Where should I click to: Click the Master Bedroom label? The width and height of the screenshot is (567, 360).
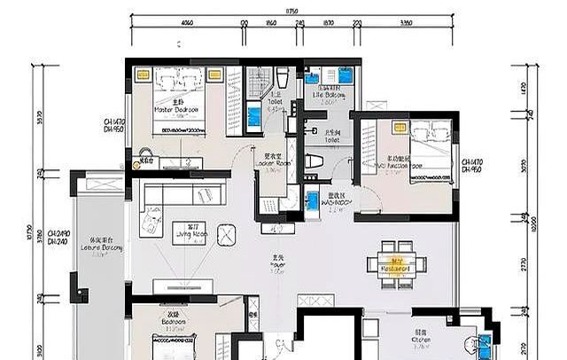pyautogui.click(x=175, y=107)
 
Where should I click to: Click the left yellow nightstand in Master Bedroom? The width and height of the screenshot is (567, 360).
pyautogui.click(x=141, y=75)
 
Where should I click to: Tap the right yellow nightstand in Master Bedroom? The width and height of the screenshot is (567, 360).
pyautogui.click(x=214, y=75)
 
